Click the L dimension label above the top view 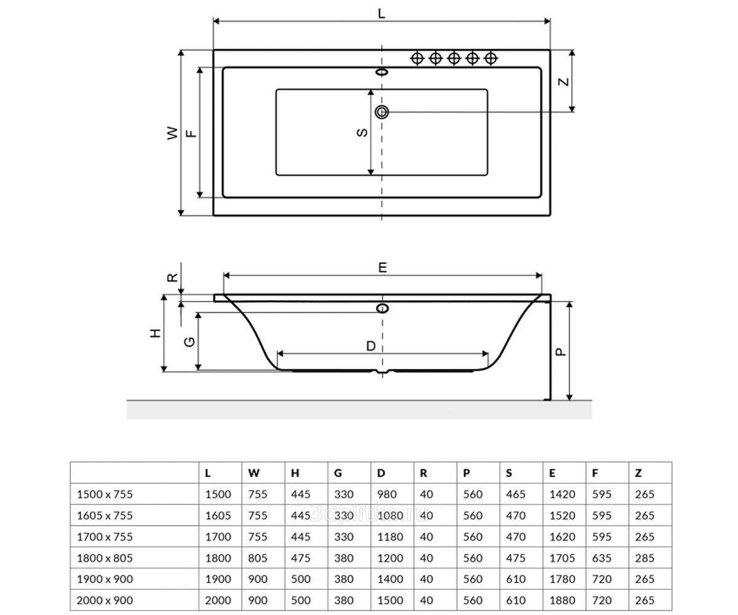pos(381,14)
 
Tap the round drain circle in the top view pos(382,112)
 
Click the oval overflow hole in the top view pos(382,72)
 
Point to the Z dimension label pos(563,82)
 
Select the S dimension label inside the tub pos(362,133)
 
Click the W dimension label pos(172,133)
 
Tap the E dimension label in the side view pos(383,268)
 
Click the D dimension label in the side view pos(371,346)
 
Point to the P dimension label pos(561,352)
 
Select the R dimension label pos(172,277)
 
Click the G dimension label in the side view pos(190,342)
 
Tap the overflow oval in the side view pos(382,308)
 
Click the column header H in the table pos(295,473)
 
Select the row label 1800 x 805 pos(105,558)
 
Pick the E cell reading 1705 pos(562,558)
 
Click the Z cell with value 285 pos(645,558)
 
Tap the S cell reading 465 pos(516,494)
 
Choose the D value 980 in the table pos(387,494)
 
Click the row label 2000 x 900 pos(105,600)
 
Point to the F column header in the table pos(595,473)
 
